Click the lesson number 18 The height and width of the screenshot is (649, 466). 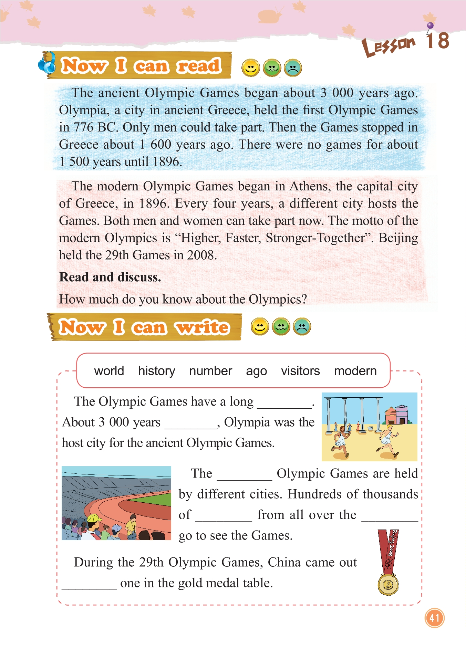437,41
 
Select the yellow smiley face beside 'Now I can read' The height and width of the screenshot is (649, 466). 250,68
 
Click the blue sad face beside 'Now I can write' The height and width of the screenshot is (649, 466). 302,326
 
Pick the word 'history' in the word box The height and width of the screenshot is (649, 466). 157,371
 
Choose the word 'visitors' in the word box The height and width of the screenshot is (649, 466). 300,371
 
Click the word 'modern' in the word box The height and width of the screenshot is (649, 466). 355,371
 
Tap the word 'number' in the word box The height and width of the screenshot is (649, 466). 210,371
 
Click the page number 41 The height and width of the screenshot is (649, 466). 434,618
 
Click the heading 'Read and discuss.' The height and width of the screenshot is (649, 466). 110,277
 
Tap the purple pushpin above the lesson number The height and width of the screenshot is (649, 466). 430,26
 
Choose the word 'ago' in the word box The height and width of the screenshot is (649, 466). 256,371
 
